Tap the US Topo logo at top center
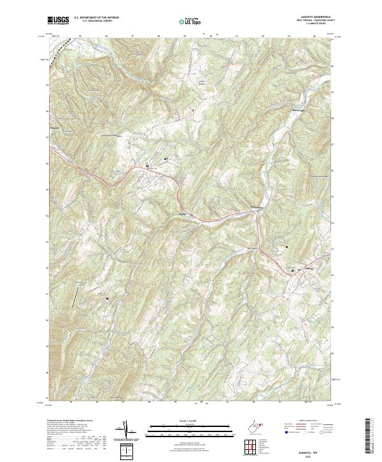point(191,22)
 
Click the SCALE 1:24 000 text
point(190,421)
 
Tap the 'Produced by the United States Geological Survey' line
point(69,421)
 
